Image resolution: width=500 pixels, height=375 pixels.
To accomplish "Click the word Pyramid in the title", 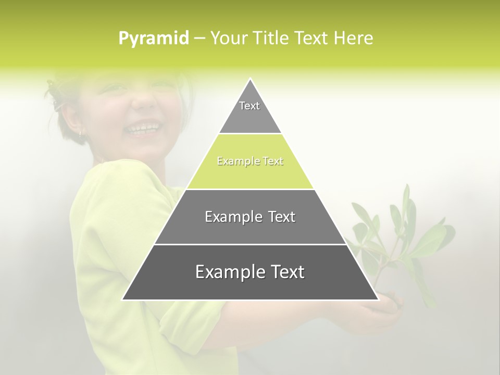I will pos(153,39).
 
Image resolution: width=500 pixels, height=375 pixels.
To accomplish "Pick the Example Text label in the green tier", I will pos(250,161).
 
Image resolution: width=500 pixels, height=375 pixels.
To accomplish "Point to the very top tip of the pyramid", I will pos(251,79).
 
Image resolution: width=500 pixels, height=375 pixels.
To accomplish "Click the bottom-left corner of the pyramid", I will pos(123,299).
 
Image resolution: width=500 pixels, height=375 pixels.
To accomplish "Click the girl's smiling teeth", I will pos(143,128).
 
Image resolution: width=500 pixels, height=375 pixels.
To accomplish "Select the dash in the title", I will pos(199,39).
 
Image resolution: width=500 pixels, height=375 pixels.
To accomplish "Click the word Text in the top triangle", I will pos(249,106).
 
